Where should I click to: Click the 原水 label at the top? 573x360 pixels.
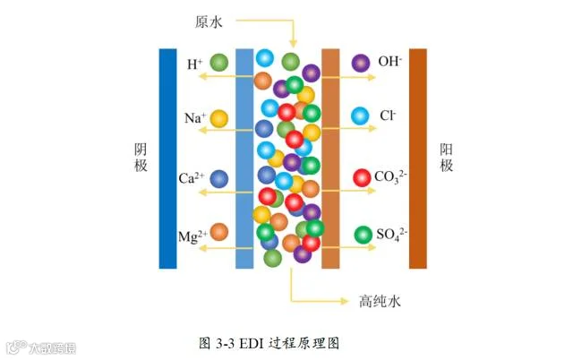point(209,21)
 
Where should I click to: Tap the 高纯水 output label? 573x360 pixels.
point(380,301)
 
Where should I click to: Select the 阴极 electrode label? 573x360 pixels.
point(141,157)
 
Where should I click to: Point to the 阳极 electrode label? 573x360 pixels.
point(446,157)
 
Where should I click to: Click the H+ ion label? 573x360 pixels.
point(195,64)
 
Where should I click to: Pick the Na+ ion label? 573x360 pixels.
point(195,118)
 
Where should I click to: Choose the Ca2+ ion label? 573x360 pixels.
point(191,178)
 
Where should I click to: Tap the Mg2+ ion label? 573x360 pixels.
point(192,236)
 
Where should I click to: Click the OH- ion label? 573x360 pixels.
point(390,62)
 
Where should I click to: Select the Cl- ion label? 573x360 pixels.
point(388,116)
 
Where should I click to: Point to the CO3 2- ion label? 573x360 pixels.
point(390,177)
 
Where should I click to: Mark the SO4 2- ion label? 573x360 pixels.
point(392,235)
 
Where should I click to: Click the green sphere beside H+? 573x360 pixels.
point(218,63)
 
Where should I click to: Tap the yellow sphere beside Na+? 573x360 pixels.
point(218,119)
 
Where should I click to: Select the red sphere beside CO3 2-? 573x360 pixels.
point(362,178)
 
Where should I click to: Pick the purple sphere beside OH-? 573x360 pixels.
point(361,64)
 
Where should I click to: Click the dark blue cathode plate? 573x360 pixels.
point(167,159)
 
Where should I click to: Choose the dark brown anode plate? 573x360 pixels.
point(418,159)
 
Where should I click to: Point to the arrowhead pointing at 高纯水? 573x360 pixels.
point(345,301)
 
